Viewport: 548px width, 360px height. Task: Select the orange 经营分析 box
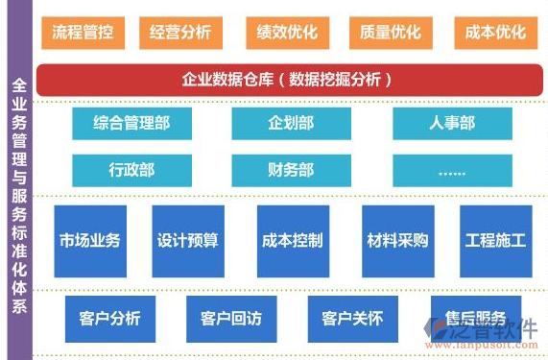(x=179, y=33)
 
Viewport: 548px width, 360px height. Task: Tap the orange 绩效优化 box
(x=285, y=33)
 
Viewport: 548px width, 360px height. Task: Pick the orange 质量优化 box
(x=391, y=33)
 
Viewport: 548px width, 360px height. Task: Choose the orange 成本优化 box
(x=494, y=33)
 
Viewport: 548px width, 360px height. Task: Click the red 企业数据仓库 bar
(x=289, y=80)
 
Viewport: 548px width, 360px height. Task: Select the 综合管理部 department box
(x=131, y=123)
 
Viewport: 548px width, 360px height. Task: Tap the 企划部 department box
(x=292, y=123)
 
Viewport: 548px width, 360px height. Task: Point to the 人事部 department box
(x=452, y=123)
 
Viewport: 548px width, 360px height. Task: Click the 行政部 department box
(x=131, y=170)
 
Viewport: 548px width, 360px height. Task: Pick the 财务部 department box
(x=292, y=170)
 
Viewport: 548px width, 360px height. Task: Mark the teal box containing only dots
(x=452, y=170)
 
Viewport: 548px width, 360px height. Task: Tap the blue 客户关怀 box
(x=352, y=319)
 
